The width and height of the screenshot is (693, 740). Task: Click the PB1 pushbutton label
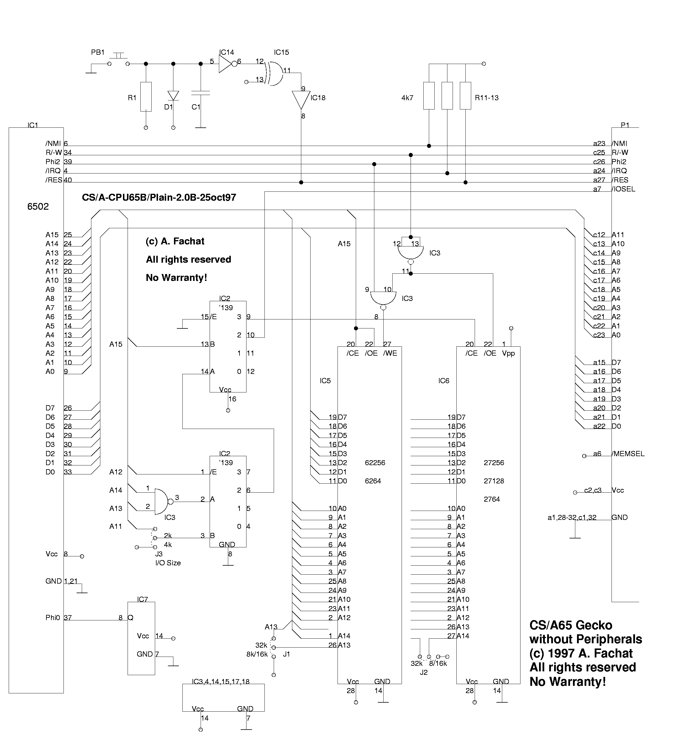[98, 52]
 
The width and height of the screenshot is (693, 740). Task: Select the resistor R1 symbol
[146, 96]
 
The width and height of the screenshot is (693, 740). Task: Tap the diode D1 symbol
[173, 96]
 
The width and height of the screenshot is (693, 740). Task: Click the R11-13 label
[486, 98]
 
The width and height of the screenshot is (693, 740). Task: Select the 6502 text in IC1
[38, 207]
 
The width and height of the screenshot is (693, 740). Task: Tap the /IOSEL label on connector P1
[623, 189]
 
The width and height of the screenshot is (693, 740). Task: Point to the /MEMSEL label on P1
[628, 454]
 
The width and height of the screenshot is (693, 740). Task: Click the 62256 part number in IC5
[375, 463]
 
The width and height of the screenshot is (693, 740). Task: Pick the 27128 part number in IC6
[494, 481]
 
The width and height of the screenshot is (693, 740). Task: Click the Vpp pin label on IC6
[508, 353]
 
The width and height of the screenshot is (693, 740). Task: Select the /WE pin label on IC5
[390, 353]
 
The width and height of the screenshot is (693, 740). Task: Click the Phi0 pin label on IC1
[52, 617]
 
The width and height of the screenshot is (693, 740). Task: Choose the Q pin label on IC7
[130, 617]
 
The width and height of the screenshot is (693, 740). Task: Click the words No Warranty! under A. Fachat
[176, 278]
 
